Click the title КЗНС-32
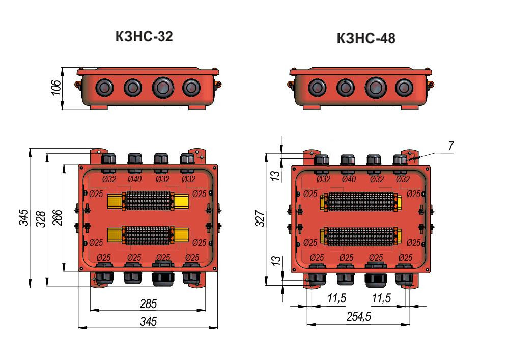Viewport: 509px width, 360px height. [x=144, y=36]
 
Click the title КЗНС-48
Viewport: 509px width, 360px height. [x=366, y=38]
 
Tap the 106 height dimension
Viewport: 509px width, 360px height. [x=56, y=88]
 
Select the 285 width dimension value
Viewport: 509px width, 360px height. [x=148, y=304]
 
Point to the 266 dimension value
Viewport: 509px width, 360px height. [x=57, y=218]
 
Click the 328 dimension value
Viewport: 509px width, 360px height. [x=40, y=219]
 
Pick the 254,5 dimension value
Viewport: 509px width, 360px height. [x=359, y=317]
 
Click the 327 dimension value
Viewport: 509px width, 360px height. [x=260, y=218]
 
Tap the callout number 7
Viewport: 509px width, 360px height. [x=451, y=146]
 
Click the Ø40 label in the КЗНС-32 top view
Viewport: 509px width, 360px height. [x=134, y=179]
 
